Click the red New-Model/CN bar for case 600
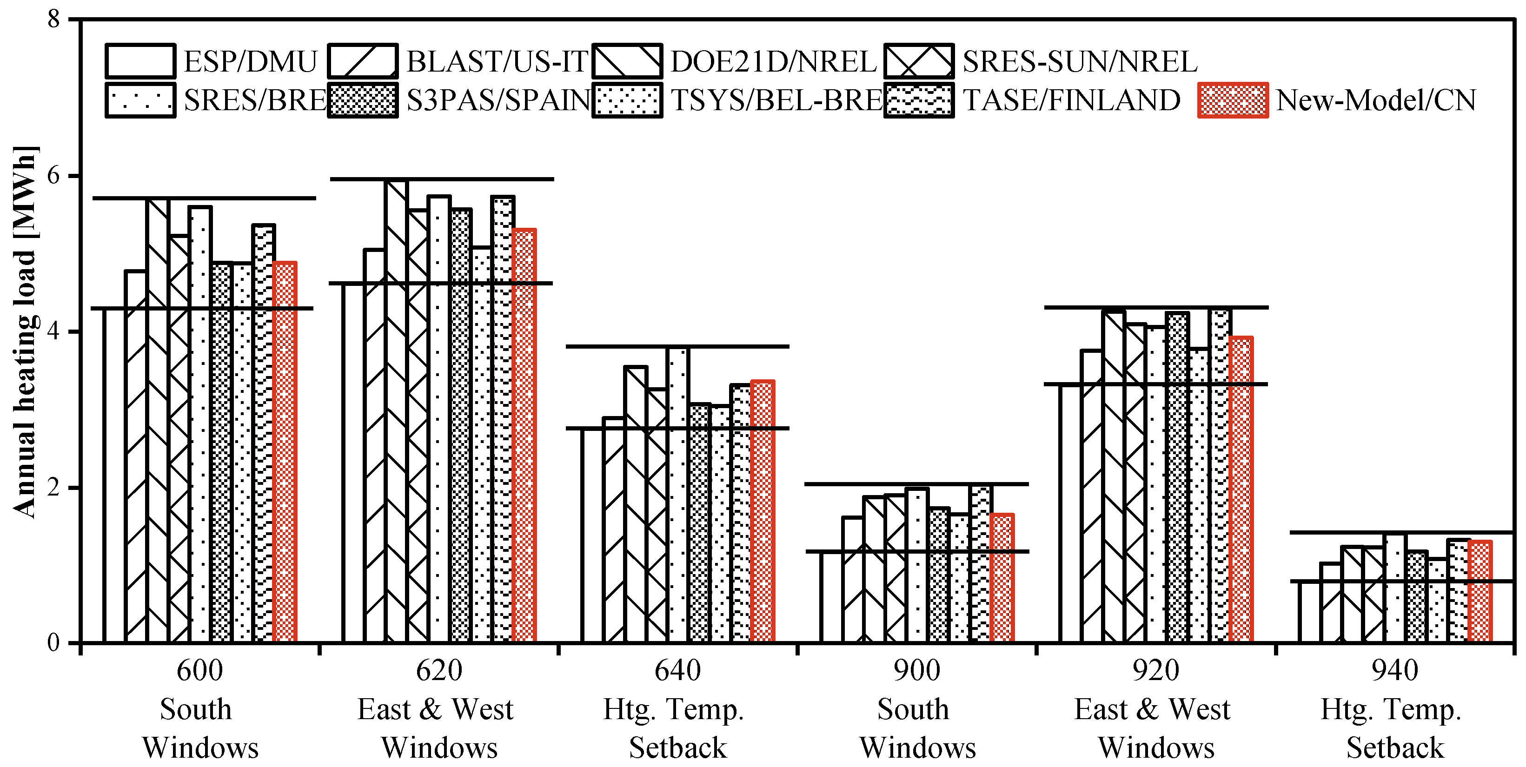point(285,450)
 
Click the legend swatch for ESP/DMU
point(140,61)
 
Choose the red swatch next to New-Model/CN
point(1233,100)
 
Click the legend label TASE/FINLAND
point(1071,100)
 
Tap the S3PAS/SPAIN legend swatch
point(363,100)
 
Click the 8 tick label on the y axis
point(54,20)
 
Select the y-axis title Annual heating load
point(25,332)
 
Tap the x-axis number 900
point(916,670)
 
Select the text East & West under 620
point(435,709)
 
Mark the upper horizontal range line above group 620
point(441,179)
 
